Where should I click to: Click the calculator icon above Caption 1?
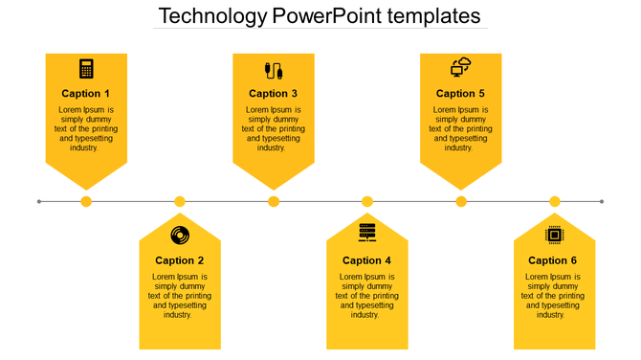point(86,69)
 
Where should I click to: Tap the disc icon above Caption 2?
point(180,236)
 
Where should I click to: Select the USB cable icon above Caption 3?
point(274,70)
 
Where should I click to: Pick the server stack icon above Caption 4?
point(367,233)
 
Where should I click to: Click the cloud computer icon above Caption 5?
point(461,68)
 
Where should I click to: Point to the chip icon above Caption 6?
point(554,235)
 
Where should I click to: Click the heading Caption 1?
point(86,94)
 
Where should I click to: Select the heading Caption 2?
point(180,260)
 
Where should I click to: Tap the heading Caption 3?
point(274,94)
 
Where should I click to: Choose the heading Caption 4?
point(367,260)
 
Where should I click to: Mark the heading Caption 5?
point(461,94)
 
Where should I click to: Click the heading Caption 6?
point(554,260)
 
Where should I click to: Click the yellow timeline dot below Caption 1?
point(86,201)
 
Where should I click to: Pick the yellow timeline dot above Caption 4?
point(367,201)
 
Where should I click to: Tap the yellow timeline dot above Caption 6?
point(555,201)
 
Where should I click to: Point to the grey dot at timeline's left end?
point(39,201)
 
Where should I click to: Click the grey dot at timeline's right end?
point(602,201)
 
